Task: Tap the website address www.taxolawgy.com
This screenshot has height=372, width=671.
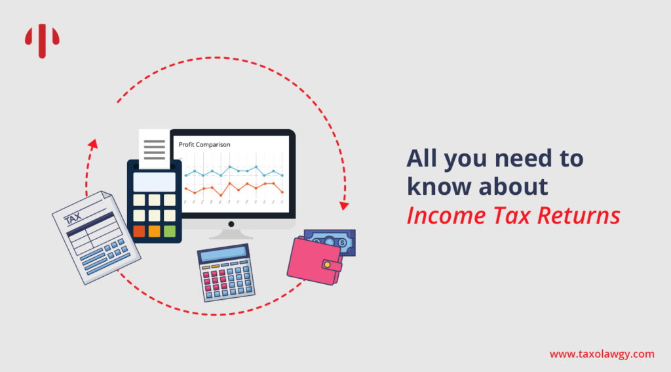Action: pyautogui.click(x=602, y=354)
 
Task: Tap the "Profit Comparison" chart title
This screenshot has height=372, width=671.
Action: pyautogui.click(x=204, y=144)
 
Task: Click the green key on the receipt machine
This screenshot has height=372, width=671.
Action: pyautogui.click(x=170, y=231)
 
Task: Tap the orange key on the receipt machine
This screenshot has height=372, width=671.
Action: pyautogui.click(x=154, y=231)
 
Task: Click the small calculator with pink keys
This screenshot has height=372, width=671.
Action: pyautogui.click(x=225, y=273)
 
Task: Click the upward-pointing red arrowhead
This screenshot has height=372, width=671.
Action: pyautogui.click(x=93, y=144)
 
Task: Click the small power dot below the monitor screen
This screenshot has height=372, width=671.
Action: pyautogui.click(x=231, y=224)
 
